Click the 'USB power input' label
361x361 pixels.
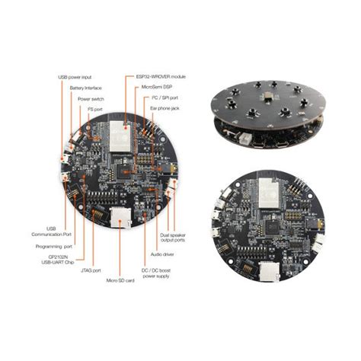click(x=75, y=78)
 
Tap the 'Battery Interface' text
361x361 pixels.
click(x=85, y=88)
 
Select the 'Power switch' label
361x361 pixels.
click(x=92, y=98)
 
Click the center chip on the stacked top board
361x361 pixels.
click(x=267, y=97)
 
